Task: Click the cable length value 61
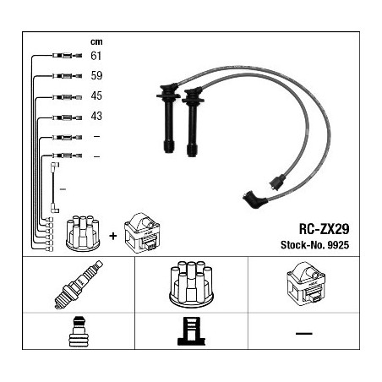(95, 56)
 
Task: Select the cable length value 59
(96, 75)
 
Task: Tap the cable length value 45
(96, 95)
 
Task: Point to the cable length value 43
(96, 116)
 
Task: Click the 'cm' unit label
(96, 42)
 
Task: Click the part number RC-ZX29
(324, 229)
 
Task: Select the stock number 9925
(338, 245)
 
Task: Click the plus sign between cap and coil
(113, 236)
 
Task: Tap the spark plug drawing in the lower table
(79, 285)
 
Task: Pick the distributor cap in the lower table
(191, 285)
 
